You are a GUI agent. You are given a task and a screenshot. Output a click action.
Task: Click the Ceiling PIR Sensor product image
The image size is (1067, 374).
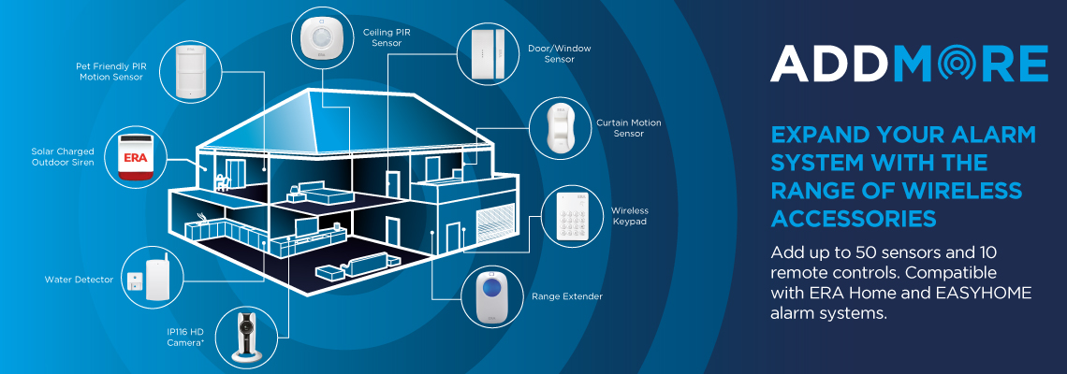click(x=325, y=39)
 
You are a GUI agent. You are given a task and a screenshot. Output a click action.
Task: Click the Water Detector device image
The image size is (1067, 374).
click(x=152, y=278)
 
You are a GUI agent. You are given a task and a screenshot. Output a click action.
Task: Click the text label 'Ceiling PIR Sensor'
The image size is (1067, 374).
click(x=387, y=37)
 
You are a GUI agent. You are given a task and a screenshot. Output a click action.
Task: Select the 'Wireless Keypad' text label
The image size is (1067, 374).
click(x=630, y=216)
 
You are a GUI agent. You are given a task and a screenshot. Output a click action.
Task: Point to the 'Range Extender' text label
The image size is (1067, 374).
click(x=566, y=296)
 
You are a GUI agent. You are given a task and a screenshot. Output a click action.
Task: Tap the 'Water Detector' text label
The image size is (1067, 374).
click(x=79, y=280)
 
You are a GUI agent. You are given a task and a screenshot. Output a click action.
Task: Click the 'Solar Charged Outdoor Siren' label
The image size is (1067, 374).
click(x=62, y=156)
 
